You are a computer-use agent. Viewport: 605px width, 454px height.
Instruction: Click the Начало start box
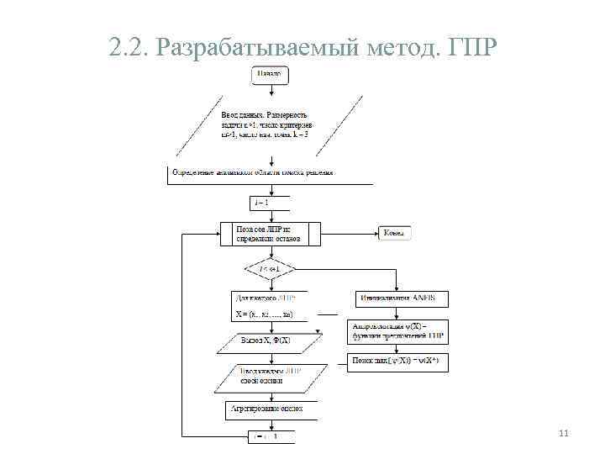269,75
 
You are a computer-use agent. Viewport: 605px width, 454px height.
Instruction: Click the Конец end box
393,232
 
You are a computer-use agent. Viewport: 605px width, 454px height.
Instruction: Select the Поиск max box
399,362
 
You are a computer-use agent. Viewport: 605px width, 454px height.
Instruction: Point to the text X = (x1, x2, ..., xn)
265,314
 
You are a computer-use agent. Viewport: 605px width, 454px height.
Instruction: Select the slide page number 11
564,433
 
